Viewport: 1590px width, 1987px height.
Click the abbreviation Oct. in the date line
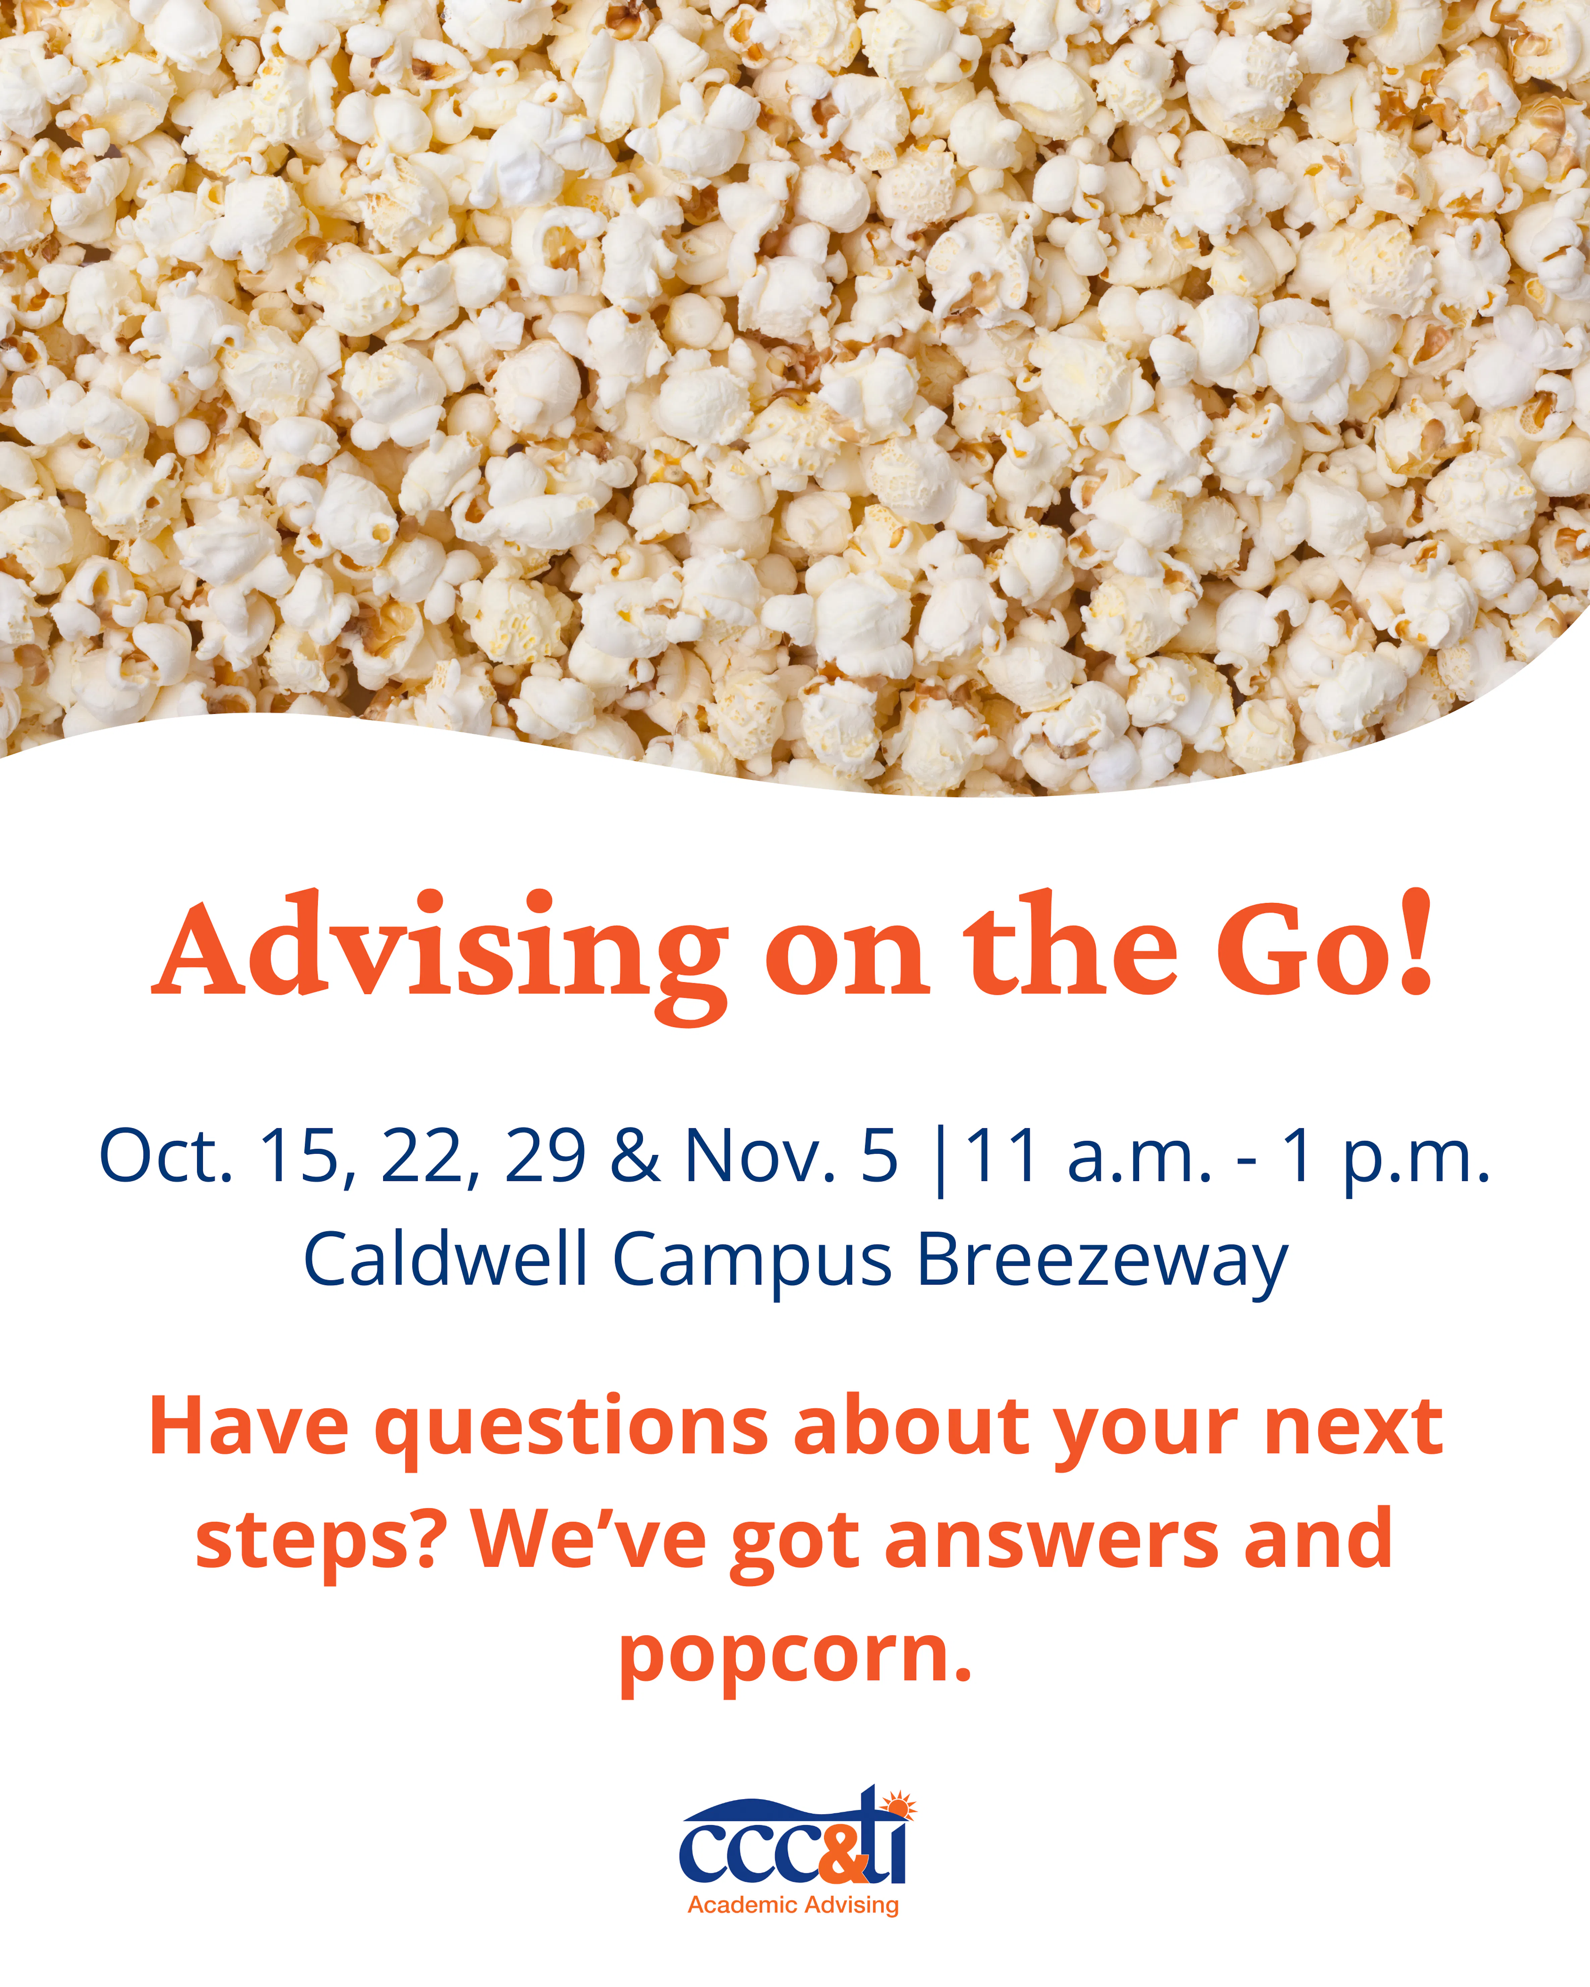pyautogui.click(x=166, y=1156)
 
